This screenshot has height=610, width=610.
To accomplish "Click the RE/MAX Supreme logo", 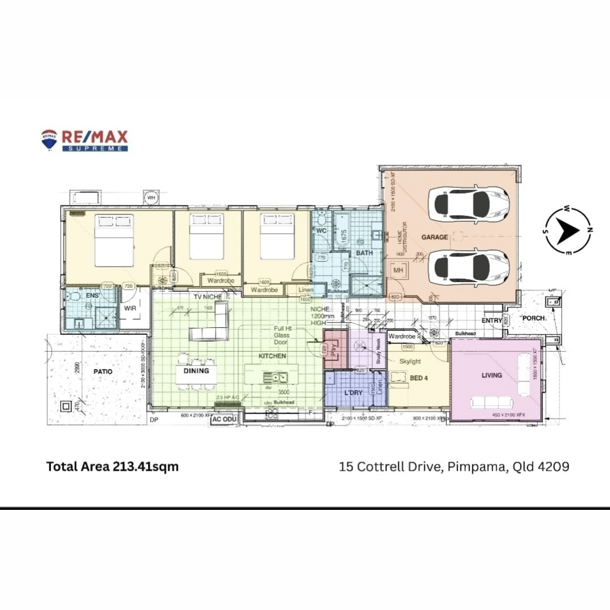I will click(84, 140).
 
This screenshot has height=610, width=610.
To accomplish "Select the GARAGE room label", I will click(435, 237).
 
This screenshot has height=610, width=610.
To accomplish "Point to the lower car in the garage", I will click(468, 265).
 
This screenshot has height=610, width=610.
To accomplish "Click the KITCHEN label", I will click(272, 356).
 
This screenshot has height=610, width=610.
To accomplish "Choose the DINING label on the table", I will click(196, 371).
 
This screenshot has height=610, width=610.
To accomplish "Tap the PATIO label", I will click(103, 372).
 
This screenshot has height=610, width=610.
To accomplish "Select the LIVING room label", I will click(492, 375).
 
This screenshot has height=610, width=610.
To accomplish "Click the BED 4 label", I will click(419, 378).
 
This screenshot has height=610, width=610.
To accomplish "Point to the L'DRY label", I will click(353, 393).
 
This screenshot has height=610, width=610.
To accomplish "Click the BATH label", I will click(364, 253).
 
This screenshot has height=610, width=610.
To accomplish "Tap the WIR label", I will click(130, 308).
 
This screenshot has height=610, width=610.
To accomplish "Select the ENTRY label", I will click(492, 321).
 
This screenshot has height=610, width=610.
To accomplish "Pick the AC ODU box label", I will click(224, 419).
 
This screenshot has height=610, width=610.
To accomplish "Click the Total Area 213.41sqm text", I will click(112, 466).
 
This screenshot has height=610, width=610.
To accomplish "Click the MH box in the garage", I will click(398, 270).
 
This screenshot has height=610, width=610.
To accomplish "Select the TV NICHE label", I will click(207, 296).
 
